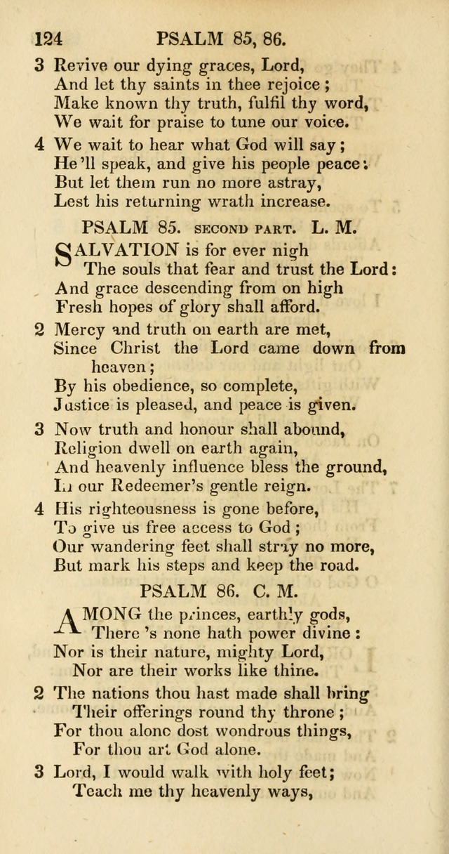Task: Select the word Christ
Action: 135,348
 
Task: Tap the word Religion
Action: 87,447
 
